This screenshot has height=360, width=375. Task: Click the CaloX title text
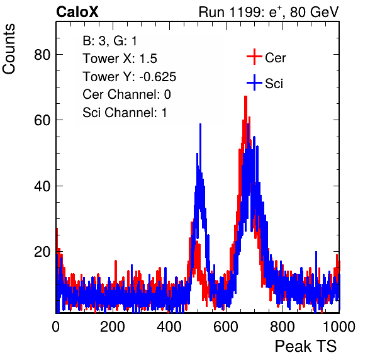click(x=77, y=12)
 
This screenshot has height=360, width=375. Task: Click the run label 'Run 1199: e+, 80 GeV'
click(x=269, y=12)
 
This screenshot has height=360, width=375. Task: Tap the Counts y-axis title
click(x=9, y=49)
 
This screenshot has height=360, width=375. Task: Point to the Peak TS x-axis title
click(x=306, y=346)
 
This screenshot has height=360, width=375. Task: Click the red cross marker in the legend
click(x=254, y=57)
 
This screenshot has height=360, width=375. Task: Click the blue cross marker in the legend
click(x=254, y=82)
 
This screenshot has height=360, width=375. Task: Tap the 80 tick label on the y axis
click(x=42, y=55)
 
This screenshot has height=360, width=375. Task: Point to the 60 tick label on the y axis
click(x=42, y=120)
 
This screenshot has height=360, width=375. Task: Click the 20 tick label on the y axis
click(x=42, y=252)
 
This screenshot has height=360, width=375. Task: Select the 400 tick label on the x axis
click(x=169, y=327)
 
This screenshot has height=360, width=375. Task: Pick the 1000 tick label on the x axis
click(x=339, y=327)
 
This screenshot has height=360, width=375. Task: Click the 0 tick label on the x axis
click(x=56, y=327)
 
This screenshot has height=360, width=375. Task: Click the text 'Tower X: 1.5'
click(x=120, y=59)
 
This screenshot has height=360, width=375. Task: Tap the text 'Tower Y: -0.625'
click(x=130, y=77)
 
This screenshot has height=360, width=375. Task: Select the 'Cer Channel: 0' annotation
click(x=126, y=94)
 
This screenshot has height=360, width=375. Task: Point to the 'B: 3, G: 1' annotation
click(x=109, y=41)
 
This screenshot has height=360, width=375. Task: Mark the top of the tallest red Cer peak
click(x=245, y=96)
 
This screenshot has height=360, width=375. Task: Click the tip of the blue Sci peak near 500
click(x=200, y=124)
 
